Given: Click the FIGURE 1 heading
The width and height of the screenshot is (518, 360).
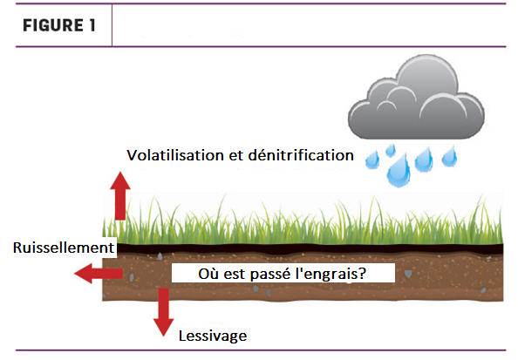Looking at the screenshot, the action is (x=59, y=25).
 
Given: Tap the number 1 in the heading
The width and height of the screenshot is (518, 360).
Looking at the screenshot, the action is (x=92, y=25).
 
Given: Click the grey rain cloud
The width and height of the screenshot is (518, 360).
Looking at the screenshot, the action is (x=416, y=97).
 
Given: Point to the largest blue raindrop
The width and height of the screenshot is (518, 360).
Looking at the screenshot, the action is (x=399, y=171).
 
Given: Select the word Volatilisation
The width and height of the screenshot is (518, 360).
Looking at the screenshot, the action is (x=175, y=155).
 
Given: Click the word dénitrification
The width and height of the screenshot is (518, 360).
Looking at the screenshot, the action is (x=301, y=155).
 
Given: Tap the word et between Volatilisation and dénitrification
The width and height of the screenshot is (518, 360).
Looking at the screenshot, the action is (x=235, y=155).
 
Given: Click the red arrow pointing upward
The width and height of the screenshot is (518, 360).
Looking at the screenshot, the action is (x=120, y=195).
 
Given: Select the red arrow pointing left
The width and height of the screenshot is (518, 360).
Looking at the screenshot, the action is (x=99, y=274).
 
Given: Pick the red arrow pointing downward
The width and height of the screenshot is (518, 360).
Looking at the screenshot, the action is (x=164, y=312).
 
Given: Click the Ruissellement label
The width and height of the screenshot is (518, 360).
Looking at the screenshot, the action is (x=64, y=248).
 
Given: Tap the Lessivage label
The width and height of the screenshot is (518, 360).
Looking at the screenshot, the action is (x=213, y=336).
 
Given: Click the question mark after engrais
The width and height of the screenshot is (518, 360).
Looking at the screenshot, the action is (x=362, y=273).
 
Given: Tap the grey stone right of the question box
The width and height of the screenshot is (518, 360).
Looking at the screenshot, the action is (x=408, y=274).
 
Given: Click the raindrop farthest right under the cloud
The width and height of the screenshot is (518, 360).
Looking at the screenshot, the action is (x=450, y=156).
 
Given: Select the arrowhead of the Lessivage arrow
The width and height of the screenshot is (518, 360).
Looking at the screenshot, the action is (x=164, y=327).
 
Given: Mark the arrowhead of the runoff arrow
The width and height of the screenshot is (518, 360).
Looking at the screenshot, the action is (x=83, y=274).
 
